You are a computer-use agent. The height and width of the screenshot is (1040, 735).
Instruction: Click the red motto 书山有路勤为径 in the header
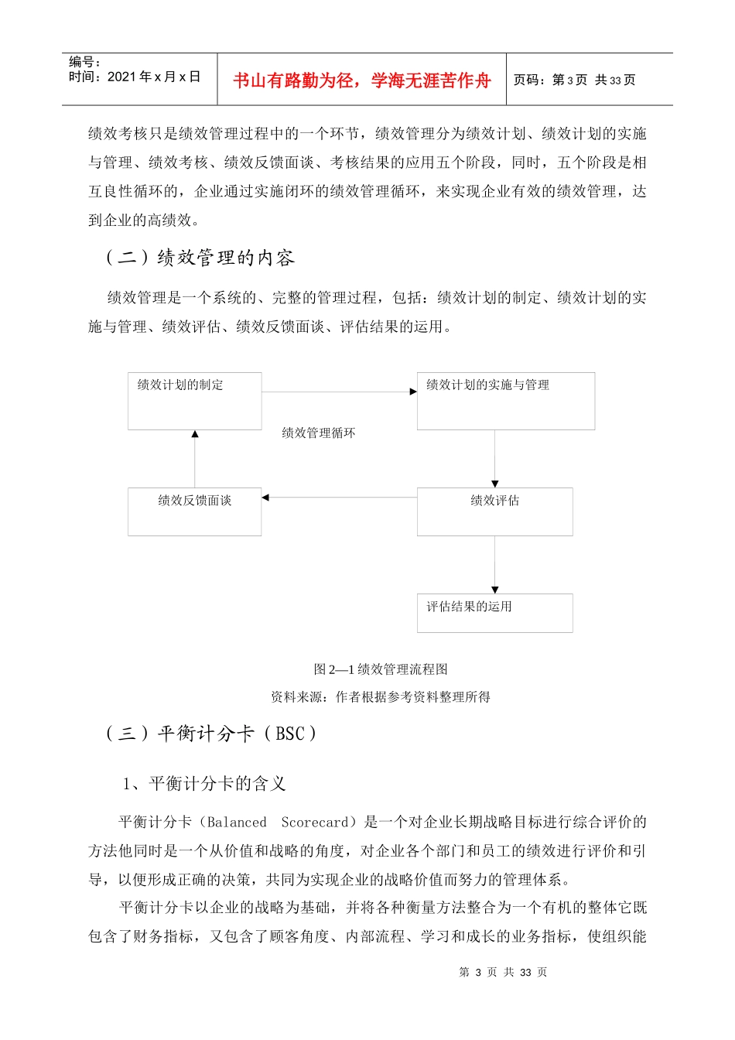point(362,80)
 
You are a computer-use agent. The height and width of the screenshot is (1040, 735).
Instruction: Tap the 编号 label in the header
point(84,62)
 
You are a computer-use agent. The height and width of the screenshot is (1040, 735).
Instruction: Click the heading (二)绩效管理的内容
point(200,258)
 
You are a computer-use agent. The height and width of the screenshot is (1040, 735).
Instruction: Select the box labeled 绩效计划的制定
point(194,401)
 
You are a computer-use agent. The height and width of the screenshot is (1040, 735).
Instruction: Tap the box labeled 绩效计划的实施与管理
point(505,401)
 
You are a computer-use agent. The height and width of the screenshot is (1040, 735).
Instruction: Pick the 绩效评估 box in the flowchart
point(494,511)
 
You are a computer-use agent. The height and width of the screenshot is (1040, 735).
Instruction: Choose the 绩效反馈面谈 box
point(194,511)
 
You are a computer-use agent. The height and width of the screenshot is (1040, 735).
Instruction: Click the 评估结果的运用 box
point(494,613)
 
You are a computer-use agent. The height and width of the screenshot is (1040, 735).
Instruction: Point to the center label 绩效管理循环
point(319,433)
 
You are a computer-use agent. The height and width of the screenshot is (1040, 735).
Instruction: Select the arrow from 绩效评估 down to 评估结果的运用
point(495,565)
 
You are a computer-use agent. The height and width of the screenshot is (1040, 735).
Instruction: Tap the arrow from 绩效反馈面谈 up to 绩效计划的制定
point(195,459)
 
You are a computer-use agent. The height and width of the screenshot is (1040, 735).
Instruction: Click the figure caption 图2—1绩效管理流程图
point(381,669)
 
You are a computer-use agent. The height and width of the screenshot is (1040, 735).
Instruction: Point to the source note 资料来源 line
point(381,696)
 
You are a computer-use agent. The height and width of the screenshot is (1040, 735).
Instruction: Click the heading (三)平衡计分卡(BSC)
point(210,734)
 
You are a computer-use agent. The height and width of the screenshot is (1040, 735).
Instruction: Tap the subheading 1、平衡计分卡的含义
point(204,784)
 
